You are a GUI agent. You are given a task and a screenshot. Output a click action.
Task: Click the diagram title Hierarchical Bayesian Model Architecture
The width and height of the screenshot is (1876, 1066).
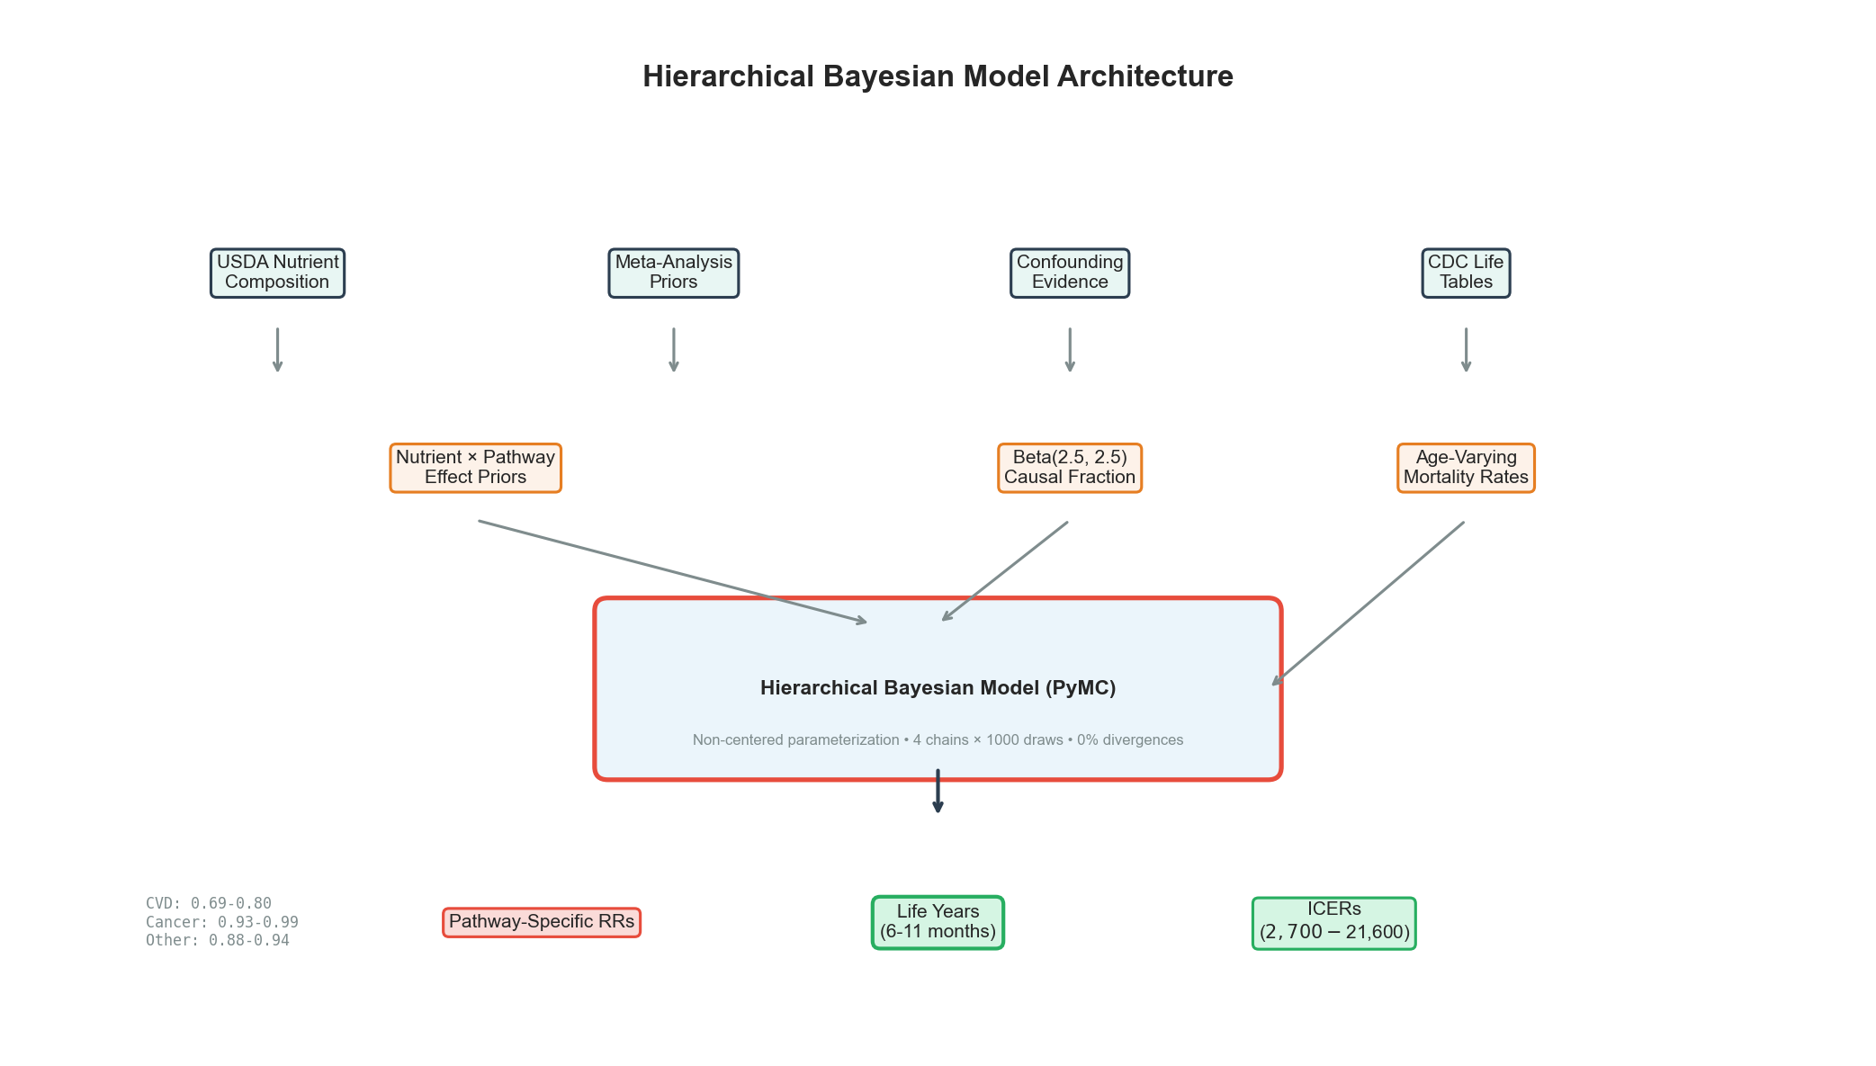[x=938, y=76]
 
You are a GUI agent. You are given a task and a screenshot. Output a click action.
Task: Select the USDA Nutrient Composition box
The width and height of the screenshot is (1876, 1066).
[x=277, y=273]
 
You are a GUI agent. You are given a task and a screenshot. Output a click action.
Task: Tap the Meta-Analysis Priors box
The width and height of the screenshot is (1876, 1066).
[x=673, y=273]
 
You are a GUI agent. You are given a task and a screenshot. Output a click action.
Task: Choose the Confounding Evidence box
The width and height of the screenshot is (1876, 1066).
[x=1069, y=273]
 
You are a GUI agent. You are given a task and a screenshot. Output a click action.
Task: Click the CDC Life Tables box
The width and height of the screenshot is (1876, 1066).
[x=1466, y=273]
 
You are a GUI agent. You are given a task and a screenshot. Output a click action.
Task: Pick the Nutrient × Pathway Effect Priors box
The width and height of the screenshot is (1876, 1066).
[x=475, y=468]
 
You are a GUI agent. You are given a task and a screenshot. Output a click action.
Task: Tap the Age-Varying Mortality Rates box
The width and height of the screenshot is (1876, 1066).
[x=1466, y=468]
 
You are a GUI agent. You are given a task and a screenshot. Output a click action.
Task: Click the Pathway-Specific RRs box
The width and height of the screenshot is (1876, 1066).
[x=542, y=922]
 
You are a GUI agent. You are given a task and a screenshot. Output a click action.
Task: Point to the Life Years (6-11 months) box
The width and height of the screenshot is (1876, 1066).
[x=938, y=922]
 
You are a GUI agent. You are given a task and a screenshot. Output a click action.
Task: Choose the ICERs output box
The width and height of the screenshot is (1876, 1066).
[x=1333, y=923]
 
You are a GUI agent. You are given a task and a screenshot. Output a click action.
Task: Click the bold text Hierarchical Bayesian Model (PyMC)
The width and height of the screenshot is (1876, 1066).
[x=938, y=688]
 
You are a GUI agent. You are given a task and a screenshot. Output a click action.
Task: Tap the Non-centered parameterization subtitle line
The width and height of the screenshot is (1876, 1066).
[x=938, y=740]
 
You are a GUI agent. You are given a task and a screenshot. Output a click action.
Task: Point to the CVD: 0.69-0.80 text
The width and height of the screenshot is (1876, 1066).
[x=209, y=903]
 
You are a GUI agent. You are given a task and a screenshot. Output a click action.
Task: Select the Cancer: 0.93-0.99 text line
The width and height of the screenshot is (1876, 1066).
[x=222, y=922]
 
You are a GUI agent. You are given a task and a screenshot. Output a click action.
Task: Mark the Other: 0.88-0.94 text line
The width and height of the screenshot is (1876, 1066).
[x=218, y=940]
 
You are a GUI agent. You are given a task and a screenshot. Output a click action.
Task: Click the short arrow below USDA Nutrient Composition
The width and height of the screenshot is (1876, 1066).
[x=277, y=349]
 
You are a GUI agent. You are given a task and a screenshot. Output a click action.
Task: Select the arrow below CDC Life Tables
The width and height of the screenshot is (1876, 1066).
[x=1466, y=349]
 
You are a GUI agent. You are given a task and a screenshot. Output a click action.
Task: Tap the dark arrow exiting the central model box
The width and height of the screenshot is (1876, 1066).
[x=938, y=792]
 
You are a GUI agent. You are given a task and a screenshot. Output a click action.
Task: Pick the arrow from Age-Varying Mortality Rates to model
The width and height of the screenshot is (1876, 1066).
[x=1368, y=604]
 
